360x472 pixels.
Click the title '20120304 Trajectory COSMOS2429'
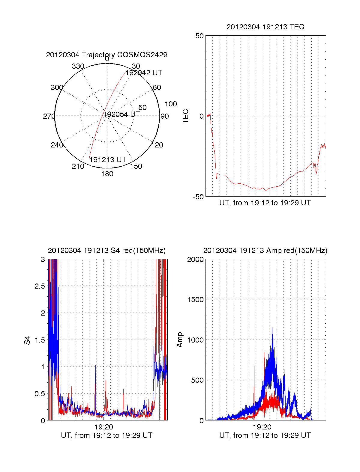106,55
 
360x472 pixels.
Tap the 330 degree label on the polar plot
78,66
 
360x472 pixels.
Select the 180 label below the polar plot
107,174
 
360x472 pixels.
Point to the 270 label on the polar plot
49,116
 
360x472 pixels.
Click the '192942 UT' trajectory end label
144,73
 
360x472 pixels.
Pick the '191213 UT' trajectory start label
108,160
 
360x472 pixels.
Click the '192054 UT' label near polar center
121,114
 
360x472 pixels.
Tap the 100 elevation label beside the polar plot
171,104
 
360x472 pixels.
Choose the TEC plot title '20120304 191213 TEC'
265,27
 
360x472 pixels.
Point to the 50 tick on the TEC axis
199,36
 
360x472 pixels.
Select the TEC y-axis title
186,116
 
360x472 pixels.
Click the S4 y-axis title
27,340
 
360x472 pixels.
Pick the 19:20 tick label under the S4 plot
103,427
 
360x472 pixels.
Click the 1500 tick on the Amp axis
195,300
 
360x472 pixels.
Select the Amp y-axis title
180,340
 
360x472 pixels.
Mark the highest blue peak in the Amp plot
272,328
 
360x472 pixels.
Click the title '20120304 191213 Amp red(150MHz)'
265,251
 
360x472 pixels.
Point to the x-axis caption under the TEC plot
265,203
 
